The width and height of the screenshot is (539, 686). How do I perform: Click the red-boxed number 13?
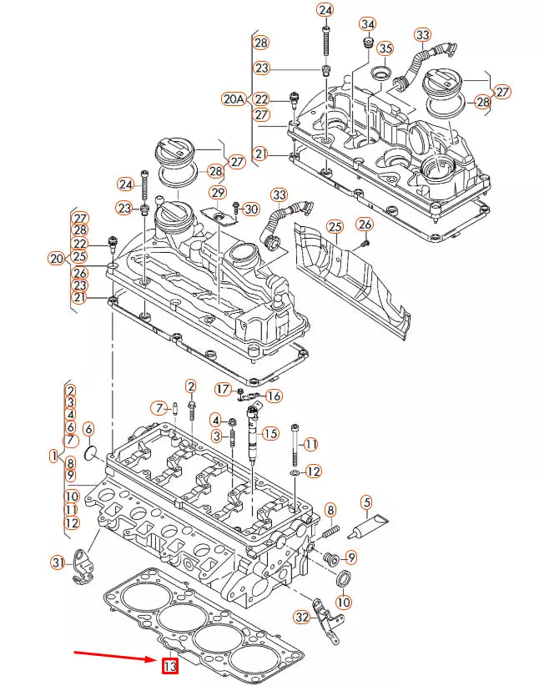169,666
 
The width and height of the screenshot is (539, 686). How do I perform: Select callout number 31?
57,562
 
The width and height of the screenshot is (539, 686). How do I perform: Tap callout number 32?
302,617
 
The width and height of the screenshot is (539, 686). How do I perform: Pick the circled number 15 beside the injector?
269,433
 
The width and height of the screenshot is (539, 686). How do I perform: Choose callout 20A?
234,98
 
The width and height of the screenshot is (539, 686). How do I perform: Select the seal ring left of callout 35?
380,73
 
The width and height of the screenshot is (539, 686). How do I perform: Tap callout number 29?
218,194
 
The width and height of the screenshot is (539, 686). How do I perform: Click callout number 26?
364,224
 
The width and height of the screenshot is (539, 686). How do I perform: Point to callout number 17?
222,389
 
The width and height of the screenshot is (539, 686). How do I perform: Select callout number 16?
273,396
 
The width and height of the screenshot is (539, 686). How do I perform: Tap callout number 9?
350,557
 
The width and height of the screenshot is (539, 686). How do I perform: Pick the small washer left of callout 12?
295,472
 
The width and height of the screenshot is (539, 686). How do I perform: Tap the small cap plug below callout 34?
365,43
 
